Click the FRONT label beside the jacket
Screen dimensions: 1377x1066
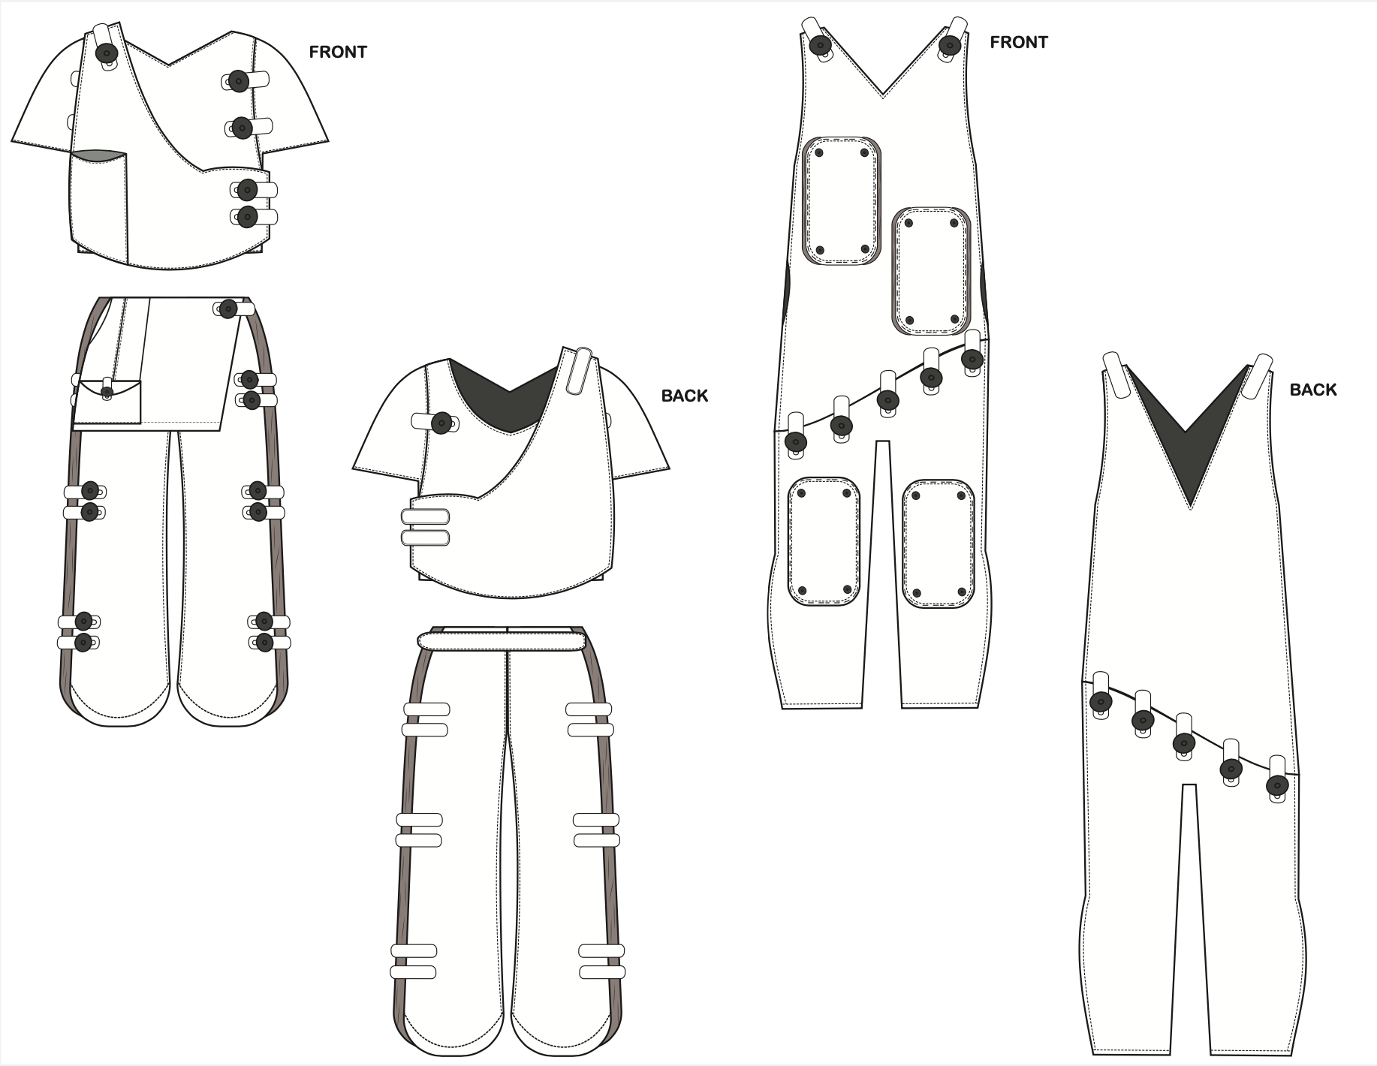(x=338, y=52)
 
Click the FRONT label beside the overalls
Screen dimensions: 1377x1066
(x=1018, y=42)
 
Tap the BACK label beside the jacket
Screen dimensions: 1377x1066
(x=684, y=396)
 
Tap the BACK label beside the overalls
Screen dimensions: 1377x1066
(x=1313, y=390)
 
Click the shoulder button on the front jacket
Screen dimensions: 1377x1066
(x=107, y=53)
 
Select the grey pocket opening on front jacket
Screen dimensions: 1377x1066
(x=98, y=155)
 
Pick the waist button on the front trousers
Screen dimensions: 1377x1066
(x=227, y=308)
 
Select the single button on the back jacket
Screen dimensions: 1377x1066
(x=441, y=423)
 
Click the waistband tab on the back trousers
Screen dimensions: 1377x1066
(x=502, y=640)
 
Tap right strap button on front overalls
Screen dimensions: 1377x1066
(x=949, y=45)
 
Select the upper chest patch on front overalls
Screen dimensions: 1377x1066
(x=841, y=200)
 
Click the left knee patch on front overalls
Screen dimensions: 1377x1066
(x=824, y=540)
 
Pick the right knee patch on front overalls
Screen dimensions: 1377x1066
(x=938, y=544)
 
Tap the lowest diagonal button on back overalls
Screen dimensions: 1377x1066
(x=1276, y=786)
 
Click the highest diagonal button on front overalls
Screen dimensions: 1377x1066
(x=972, y=358)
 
